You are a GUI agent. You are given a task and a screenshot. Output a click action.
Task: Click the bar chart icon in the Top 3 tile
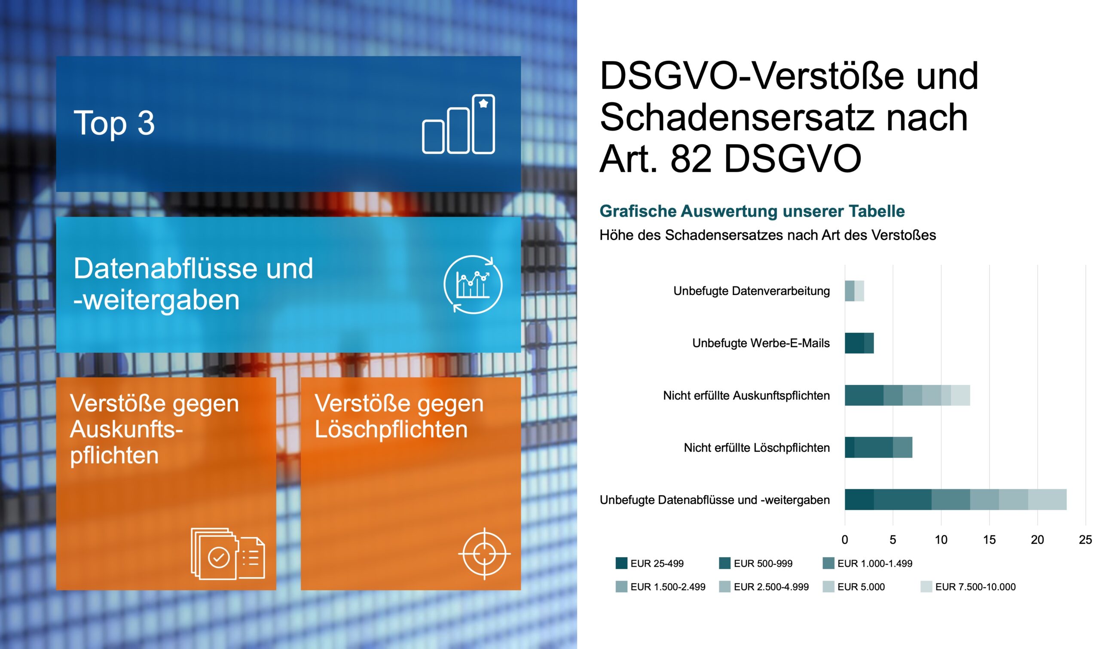click(x=458, y=124)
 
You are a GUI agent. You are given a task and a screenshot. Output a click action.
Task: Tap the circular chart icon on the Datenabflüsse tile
click(x=473, y=284)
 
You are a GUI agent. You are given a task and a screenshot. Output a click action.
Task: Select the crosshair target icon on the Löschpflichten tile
click(x=484, y=554)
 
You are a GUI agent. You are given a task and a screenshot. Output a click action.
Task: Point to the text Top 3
click(x=114, y=123)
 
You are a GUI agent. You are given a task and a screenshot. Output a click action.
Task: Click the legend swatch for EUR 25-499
click(x=621, y=563)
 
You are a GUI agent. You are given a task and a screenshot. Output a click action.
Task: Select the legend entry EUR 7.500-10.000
click(x=975, y=587)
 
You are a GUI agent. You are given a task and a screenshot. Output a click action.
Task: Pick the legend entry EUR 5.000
click(x=860, y=587)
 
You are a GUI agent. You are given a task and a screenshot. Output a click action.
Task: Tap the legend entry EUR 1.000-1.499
click(x=874, y=563)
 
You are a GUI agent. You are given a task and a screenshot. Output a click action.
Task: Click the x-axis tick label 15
click(x=989, y=539)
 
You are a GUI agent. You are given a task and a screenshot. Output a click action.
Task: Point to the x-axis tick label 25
click(x=1085, y=539)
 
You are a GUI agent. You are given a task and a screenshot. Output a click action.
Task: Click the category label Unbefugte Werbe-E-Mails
click(x=761, y=343)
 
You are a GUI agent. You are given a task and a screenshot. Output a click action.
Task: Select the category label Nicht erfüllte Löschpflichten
click(x=756, y=448)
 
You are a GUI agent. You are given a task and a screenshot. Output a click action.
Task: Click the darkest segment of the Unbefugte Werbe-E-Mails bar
click(x=854, y=343)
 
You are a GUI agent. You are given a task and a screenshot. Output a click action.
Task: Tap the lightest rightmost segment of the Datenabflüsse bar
click(x=1047, y=500)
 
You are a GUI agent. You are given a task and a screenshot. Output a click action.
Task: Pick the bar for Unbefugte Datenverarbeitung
click(x=854, y=291)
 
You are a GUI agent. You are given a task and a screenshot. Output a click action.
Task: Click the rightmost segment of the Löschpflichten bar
click(x=902, y=448)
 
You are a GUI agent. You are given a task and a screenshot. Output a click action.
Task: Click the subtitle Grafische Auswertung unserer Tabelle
click(x=752, y=211)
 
